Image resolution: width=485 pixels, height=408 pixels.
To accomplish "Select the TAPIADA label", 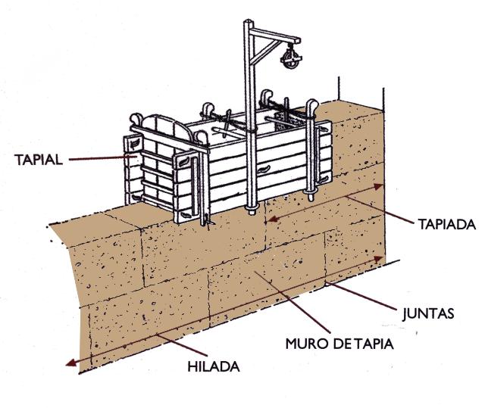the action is click(446, 225).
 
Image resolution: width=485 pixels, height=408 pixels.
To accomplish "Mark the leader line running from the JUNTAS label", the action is click(371, 297).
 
